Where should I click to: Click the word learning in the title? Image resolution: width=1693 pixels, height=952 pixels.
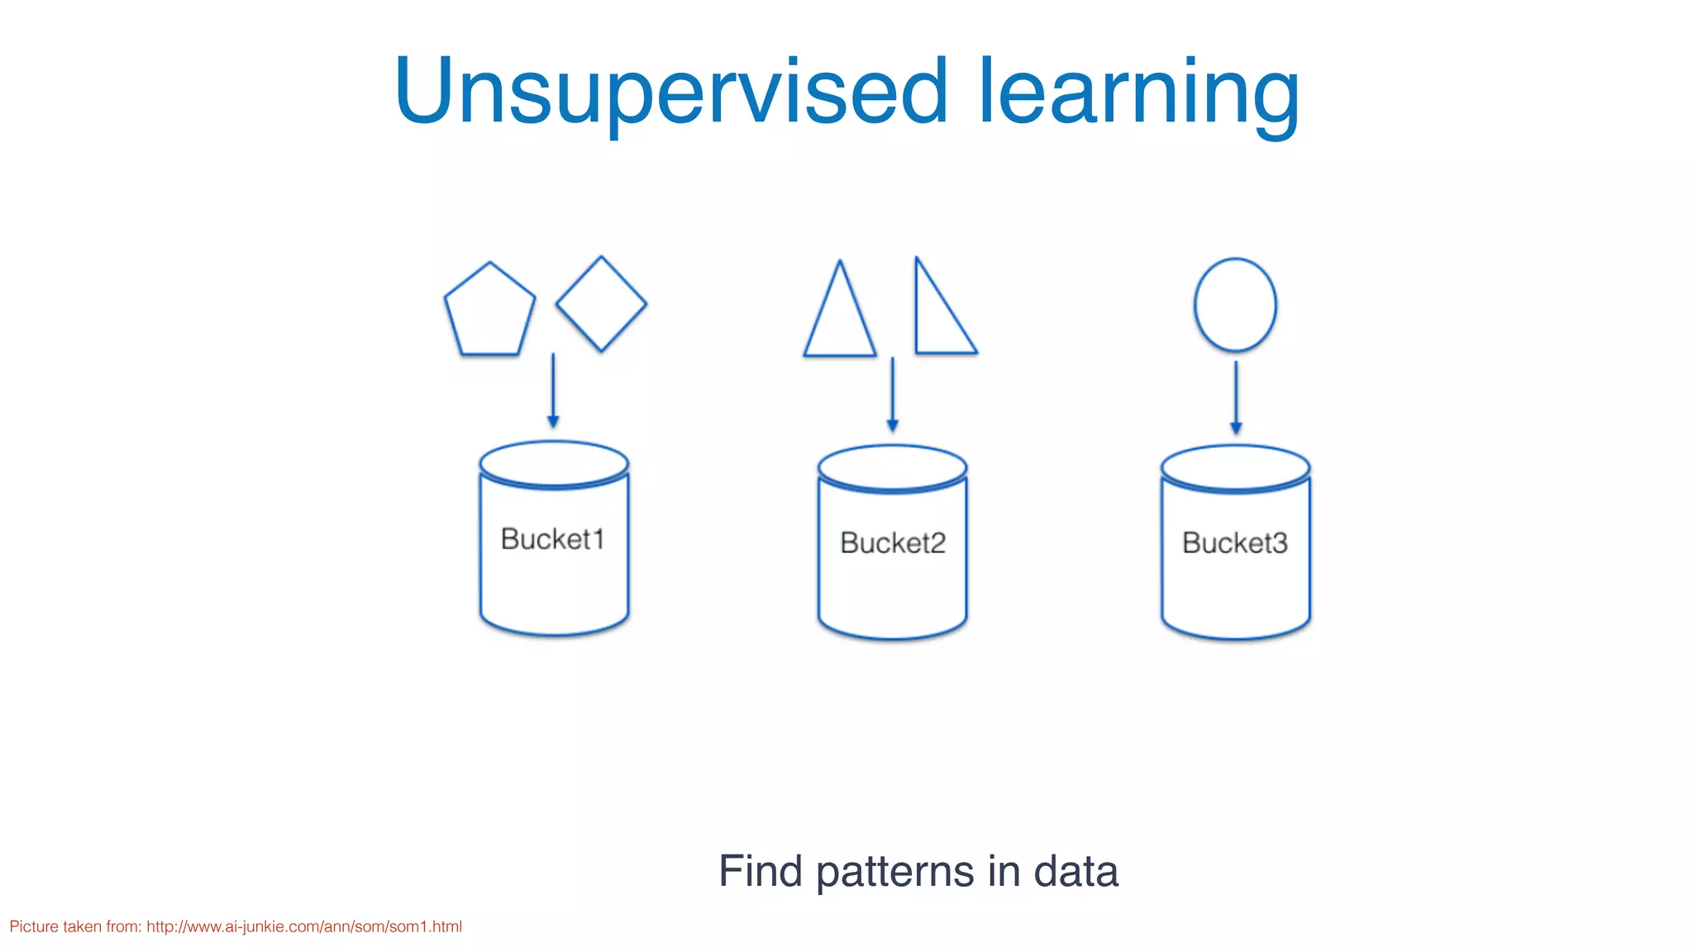tap(1139, 93)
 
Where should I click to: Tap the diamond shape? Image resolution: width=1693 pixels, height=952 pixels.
tap(601, 304)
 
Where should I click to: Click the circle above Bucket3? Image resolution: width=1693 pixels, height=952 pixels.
tap(1235, 305)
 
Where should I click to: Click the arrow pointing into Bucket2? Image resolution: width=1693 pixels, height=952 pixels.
tap(892, 394)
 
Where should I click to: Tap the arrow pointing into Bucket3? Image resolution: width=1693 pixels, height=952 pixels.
tap(1236, 397)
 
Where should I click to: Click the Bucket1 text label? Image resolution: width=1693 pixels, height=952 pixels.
tap(552, 539)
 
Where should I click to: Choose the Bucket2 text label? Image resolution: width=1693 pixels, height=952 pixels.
tap(893, 543)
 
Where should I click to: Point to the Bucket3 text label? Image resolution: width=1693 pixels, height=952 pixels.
tap(1235, 543)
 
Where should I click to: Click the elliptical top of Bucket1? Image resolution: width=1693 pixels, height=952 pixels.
tap(554, 464)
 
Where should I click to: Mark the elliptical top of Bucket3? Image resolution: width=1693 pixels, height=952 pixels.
tap(1235, 468)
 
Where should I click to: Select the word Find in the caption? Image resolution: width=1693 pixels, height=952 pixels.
tap(760, 871)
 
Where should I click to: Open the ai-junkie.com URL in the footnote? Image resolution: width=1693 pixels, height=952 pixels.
tap(304, 926)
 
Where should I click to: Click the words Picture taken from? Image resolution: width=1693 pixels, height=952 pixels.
tap(74, 926)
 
